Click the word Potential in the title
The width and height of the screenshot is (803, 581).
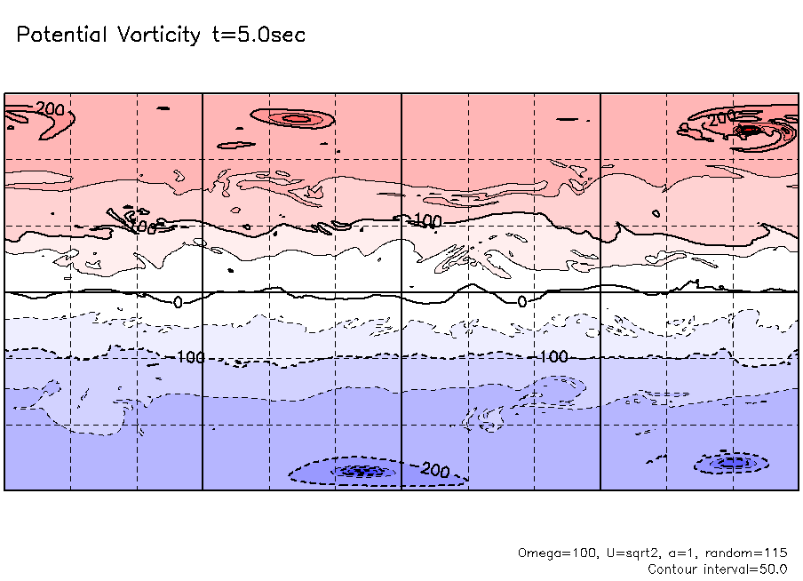click(x=62, y=36)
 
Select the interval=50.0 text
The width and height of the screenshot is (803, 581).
click(x=746, y=569)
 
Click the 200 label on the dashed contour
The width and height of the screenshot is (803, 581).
click(x=435, y=470)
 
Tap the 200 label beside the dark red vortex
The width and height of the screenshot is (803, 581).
click(x=723, y=117)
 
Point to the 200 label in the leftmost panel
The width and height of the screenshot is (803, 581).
click(x=51, y=109)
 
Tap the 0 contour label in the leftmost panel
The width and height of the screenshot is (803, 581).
click(x=178, y=302)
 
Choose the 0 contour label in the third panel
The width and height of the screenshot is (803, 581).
click(x=522, y=302)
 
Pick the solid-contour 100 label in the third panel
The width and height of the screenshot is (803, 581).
click(x=428, y=219)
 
